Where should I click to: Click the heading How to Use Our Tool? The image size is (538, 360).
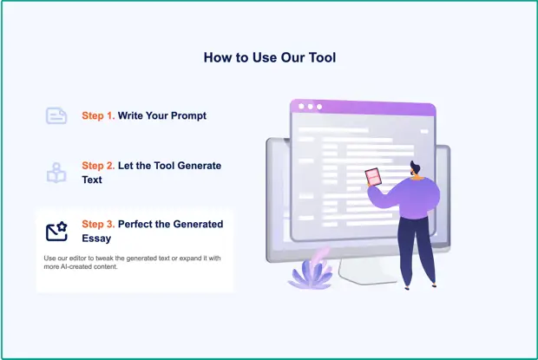click(270, 57)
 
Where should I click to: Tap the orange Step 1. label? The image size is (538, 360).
click(98, 116)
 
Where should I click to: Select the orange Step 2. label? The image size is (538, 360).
click(98, 166)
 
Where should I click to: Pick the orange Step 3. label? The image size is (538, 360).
click(98, 224)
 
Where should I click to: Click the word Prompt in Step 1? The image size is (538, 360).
click(188, 116)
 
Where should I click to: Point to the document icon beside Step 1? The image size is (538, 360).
click(56, 115)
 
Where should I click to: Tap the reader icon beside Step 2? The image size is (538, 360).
click(56, 173)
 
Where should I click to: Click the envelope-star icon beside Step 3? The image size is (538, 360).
click(56, 232)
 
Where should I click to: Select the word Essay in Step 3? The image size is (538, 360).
click(96, 239)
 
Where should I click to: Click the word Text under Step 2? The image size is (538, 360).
click(92, 180)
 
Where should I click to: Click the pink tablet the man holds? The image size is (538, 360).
click(373, 177)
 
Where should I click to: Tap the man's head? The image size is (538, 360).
click(416, 169)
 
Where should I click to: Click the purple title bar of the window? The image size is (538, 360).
click(363, 108)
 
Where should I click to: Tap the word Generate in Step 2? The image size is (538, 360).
click(200, 166)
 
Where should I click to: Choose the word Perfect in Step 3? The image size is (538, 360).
click(135, 224)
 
